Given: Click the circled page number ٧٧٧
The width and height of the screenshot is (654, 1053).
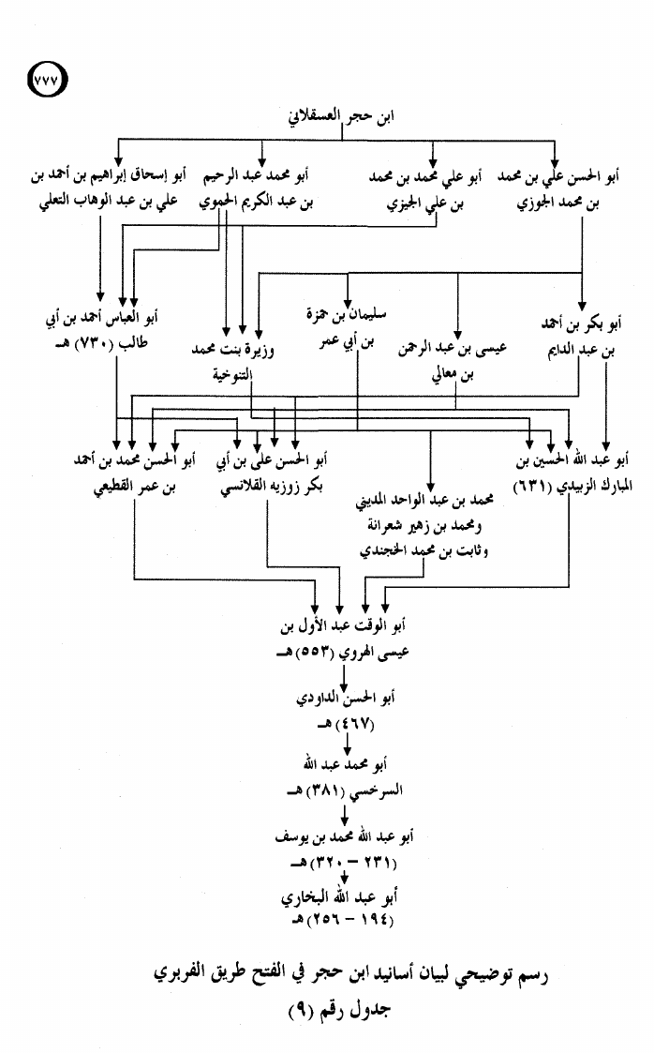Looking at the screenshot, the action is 48,80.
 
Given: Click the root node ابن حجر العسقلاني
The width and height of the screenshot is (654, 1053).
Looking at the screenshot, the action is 341,116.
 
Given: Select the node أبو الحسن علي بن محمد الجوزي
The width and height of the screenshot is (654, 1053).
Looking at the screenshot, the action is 558,188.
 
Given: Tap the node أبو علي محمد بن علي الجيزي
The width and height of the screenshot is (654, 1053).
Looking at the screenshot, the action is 425,189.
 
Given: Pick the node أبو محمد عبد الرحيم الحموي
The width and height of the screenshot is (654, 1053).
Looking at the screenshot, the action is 256,188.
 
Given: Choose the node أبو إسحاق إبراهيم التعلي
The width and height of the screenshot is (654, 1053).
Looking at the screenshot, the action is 108,188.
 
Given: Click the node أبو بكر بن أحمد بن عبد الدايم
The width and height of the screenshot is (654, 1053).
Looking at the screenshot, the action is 581,337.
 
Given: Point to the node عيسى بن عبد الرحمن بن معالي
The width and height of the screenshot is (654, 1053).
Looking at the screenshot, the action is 453,361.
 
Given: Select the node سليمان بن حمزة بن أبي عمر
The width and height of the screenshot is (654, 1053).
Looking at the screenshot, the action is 346,328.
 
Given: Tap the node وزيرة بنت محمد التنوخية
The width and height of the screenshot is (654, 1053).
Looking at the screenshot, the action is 232,362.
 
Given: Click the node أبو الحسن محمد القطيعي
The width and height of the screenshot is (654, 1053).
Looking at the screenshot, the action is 135,473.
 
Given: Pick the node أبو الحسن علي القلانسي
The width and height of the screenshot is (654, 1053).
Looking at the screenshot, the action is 272,474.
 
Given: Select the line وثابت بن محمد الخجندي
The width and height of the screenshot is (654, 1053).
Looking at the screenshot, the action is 424,550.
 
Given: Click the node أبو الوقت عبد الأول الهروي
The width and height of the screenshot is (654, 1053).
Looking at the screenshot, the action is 344,639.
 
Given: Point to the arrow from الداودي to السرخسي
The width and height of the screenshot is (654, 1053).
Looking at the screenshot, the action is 347,745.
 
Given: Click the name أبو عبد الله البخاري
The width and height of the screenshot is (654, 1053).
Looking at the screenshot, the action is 339,897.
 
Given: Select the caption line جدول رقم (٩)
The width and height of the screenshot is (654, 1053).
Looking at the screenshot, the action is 339,1009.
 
